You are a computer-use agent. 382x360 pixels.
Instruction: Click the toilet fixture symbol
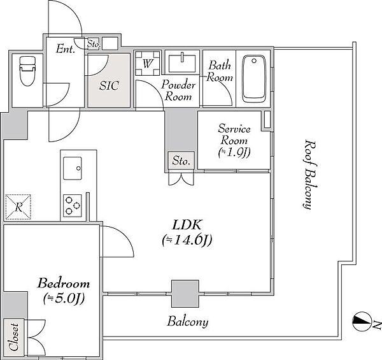[27, 71]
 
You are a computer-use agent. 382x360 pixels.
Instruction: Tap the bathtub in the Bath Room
[253, 79]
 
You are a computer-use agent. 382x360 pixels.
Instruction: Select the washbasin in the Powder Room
[182, 63]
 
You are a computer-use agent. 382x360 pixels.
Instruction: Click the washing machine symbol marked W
[148, 63]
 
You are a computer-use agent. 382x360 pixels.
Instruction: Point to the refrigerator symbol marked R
[18, 207]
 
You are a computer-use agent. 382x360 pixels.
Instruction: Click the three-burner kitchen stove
[73, 206]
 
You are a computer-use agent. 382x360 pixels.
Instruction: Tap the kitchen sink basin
[73, 168]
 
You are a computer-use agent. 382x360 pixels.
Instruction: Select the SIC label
[109, 85]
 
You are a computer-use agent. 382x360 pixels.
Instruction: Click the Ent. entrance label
[65, 49]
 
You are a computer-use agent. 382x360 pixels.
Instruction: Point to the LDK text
[187, 225]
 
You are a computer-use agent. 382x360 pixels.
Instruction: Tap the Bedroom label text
[63, 284]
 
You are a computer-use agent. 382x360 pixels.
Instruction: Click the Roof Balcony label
[310, 175]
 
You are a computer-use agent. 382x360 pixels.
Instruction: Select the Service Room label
[234, 134]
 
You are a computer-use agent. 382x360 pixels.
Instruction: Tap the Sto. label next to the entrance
[94, 44]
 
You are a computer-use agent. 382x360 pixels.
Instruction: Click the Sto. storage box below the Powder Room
[181, 161]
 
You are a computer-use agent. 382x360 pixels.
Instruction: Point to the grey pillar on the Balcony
[185, 294]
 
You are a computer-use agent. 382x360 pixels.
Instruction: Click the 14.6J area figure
[187, 240]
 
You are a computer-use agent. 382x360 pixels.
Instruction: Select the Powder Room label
[178, 90]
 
